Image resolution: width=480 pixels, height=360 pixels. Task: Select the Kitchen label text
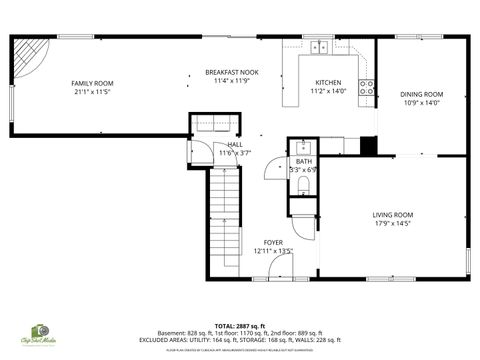coord(328,83)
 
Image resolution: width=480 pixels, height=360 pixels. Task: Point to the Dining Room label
coord(423,94)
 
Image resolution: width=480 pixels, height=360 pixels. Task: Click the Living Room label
coord(393,214)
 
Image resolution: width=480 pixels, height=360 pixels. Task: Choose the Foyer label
coord(272,243)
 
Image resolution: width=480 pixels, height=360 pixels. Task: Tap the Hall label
coord(235,144)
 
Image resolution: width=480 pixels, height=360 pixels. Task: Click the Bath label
coord(303,161)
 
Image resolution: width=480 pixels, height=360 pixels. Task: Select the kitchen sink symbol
coord(321,46)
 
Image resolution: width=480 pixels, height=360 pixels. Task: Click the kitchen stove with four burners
coord(367,87)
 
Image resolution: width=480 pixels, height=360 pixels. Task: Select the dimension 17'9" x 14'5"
coord(393,224)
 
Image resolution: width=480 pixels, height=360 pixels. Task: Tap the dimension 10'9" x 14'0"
coord(423,103)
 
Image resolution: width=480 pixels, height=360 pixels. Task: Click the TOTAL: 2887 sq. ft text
coord(239,326)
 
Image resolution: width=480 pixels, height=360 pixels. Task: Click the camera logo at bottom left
coord(42,330)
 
